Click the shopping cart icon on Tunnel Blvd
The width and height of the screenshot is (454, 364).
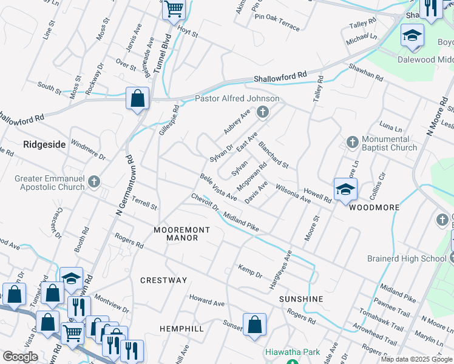(174, 10)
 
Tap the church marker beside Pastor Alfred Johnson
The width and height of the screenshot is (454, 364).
(263, 112)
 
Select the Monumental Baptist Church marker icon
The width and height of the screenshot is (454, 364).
(353, 142)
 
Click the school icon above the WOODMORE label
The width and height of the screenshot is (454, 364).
(345, 190)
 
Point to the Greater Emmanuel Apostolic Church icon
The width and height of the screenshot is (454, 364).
(93, 181)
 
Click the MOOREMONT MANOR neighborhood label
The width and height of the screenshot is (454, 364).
(181, 234)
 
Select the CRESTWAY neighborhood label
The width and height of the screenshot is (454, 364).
(164, 280)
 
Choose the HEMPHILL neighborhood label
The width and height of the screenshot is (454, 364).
(181, 328)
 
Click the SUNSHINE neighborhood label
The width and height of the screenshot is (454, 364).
(301, 300)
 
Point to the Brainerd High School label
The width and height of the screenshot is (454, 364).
(407, 258)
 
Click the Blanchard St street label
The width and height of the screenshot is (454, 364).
(273, 155)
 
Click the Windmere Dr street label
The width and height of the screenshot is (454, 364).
(88, 149)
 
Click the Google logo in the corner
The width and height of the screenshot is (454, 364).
(20, 357)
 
